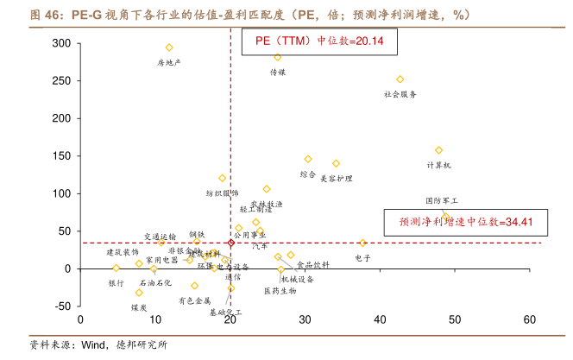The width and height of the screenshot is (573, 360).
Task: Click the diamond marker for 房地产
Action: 169,47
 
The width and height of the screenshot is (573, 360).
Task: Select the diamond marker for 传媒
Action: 277,57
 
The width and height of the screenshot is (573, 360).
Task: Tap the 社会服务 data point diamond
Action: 400,79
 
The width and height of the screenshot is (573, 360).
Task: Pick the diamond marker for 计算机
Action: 438,150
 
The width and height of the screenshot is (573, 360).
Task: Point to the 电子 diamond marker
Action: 362,243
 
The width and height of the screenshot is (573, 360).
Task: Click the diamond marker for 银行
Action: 116,268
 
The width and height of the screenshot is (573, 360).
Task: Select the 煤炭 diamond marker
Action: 139,292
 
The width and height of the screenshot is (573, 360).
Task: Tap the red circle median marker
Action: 230,243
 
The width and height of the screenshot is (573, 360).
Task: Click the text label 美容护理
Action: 337,179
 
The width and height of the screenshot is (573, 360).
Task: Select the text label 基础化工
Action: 226,313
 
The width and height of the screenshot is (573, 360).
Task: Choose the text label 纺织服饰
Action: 223,193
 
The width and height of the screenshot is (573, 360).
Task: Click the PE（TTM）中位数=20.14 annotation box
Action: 318,41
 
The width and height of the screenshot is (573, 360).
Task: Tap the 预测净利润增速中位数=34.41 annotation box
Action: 464,222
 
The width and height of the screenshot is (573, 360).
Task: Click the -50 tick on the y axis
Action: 60,306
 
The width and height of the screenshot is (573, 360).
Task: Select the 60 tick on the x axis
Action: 529,319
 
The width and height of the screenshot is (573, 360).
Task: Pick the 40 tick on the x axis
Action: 380,319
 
